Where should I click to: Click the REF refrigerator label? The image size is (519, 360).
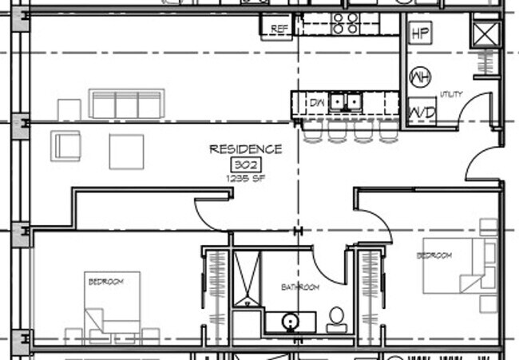[x=279, y=29]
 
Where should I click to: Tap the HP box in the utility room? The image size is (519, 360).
[x=420, y=34]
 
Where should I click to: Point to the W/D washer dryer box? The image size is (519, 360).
[x=422, y=113]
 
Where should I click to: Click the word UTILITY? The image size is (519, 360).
[x=451, y=95]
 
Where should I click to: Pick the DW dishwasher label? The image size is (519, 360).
[x=317, y=102]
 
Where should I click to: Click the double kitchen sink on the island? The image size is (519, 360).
[x=345, y=102]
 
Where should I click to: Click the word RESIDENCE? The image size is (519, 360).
[x=245, y=149]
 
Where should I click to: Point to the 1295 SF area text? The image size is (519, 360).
[x=246, y=178]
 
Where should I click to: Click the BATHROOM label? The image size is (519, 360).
[x=300, y=287]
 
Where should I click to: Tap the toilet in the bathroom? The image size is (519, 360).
[x=336, y=318]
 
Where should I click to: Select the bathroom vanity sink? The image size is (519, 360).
[x=290, y=322]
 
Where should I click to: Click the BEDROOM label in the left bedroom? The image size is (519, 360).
[x=105, y=282]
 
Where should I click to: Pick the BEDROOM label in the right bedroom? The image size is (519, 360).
[x=434, y=255]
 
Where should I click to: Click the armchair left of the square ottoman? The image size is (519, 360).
[x=65, y=146]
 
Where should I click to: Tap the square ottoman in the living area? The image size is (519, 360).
[x=126, y=151]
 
